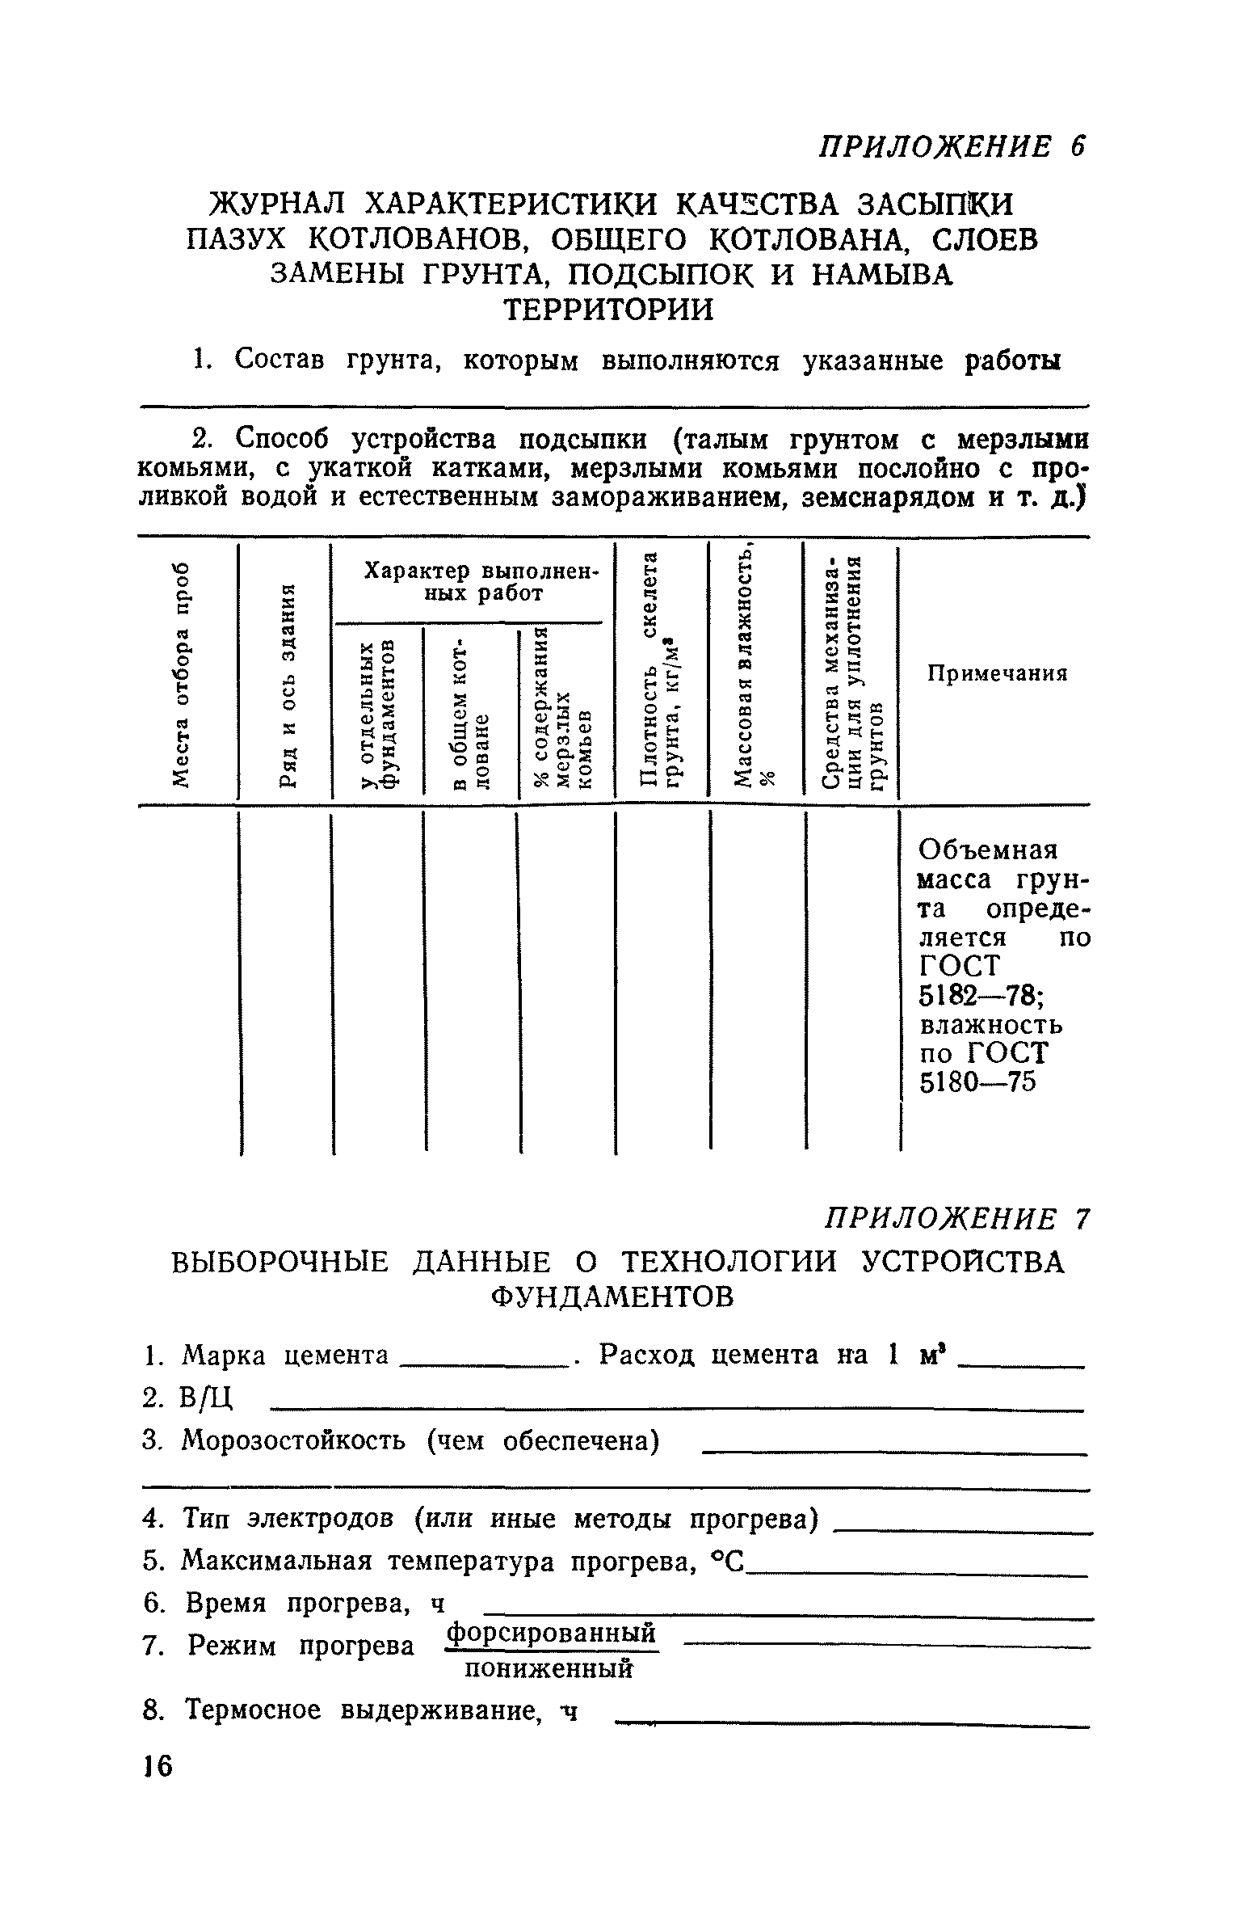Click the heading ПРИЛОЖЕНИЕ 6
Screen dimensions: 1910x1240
tap(952, 146)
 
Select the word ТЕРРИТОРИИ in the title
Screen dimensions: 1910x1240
tap(609, 309)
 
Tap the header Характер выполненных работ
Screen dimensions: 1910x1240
tap(472, 582)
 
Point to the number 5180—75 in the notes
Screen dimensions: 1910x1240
tap(977, 1082)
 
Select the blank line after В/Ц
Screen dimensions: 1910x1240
tap(675, 1410)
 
